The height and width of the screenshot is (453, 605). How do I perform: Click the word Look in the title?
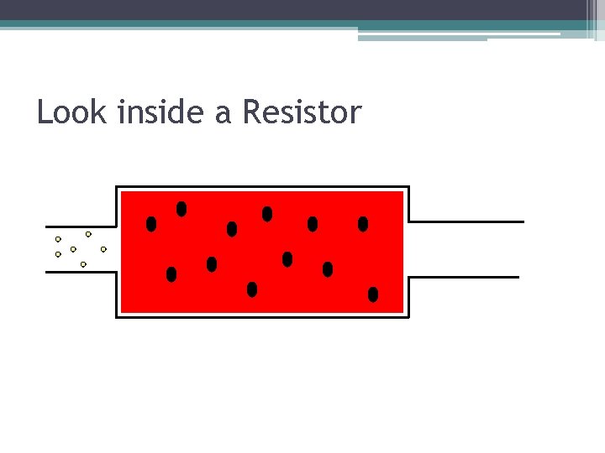point(73,112)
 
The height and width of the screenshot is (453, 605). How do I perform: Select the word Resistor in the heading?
point(302,112)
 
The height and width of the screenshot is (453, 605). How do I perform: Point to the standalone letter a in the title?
point(223,114)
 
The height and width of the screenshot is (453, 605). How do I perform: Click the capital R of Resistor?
point(251,112)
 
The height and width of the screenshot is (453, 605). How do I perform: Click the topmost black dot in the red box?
point(181,208)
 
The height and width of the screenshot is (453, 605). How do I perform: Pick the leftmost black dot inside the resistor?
point(151,224)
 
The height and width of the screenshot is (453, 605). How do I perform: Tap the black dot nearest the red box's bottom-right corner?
point(373,294)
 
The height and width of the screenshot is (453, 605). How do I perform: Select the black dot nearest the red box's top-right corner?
point(363,224)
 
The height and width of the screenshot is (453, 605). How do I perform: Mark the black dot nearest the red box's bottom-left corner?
point(171,274)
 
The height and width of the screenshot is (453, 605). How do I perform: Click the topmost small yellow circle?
point(88,234)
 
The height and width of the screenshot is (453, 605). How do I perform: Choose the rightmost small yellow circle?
point(103,249)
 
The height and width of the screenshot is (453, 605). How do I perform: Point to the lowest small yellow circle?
point(83,264)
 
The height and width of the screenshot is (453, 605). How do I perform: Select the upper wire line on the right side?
point(466,221)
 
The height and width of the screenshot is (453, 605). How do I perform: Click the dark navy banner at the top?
point(294,9)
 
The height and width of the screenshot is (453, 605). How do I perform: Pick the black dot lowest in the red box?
point(373,294)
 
